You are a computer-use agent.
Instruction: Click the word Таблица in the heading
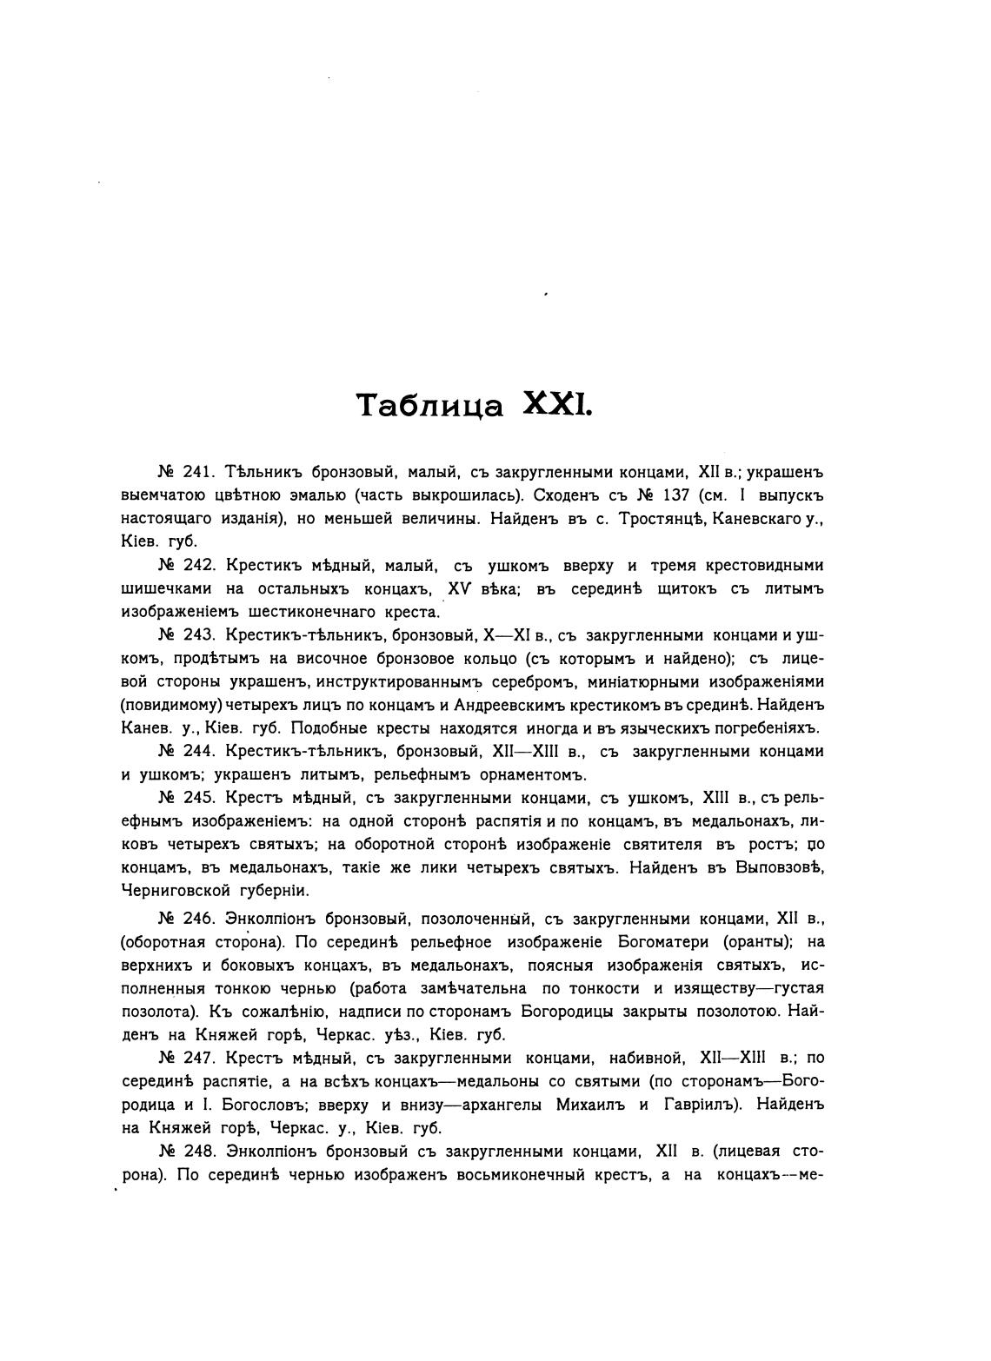click(430, 405)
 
